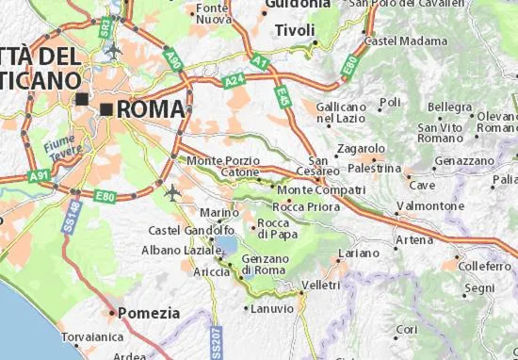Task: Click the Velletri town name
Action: point(321,285)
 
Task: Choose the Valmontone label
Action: point(429,205)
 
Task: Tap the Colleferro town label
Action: point(485,267)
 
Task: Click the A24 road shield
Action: point(235,83)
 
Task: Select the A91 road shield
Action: point(39,175)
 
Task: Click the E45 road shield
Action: point(283,94)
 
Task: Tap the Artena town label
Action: point(413,240)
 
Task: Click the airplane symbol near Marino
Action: point(172,191)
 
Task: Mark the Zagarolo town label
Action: point(361,148)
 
